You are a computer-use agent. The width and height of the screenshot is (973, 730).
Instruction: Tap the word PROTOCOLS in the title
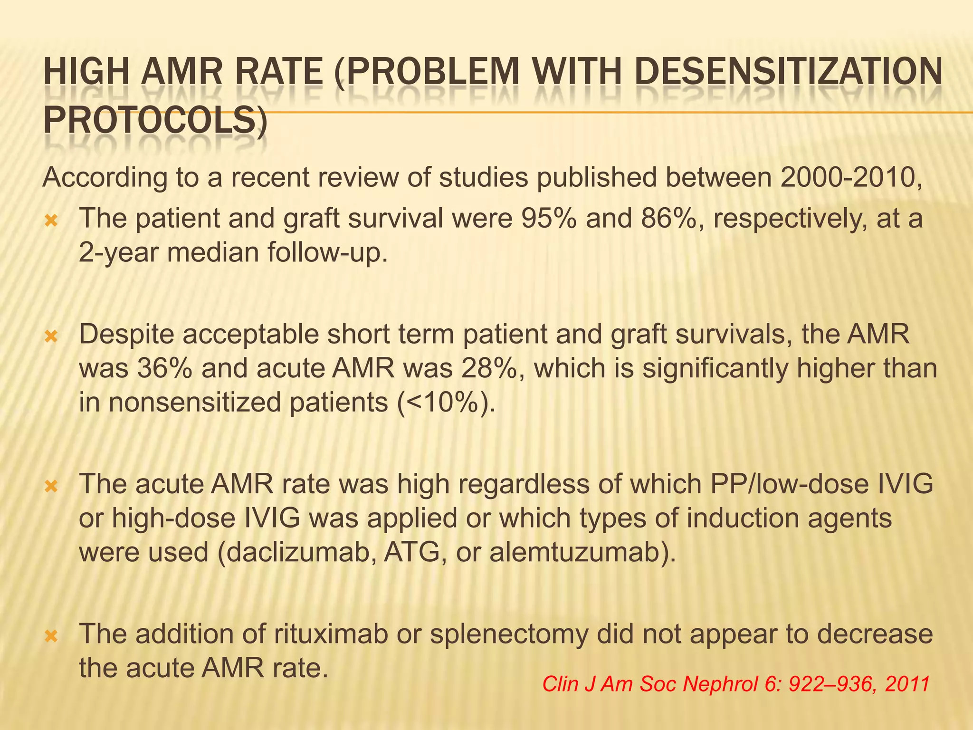tap(154, 121)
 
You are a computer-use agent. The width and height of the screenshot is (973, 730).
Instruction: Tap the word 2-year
tap(119, 252)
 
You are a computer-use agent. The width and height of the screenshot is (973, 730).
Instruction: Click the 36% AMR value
tap(164, 368)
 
